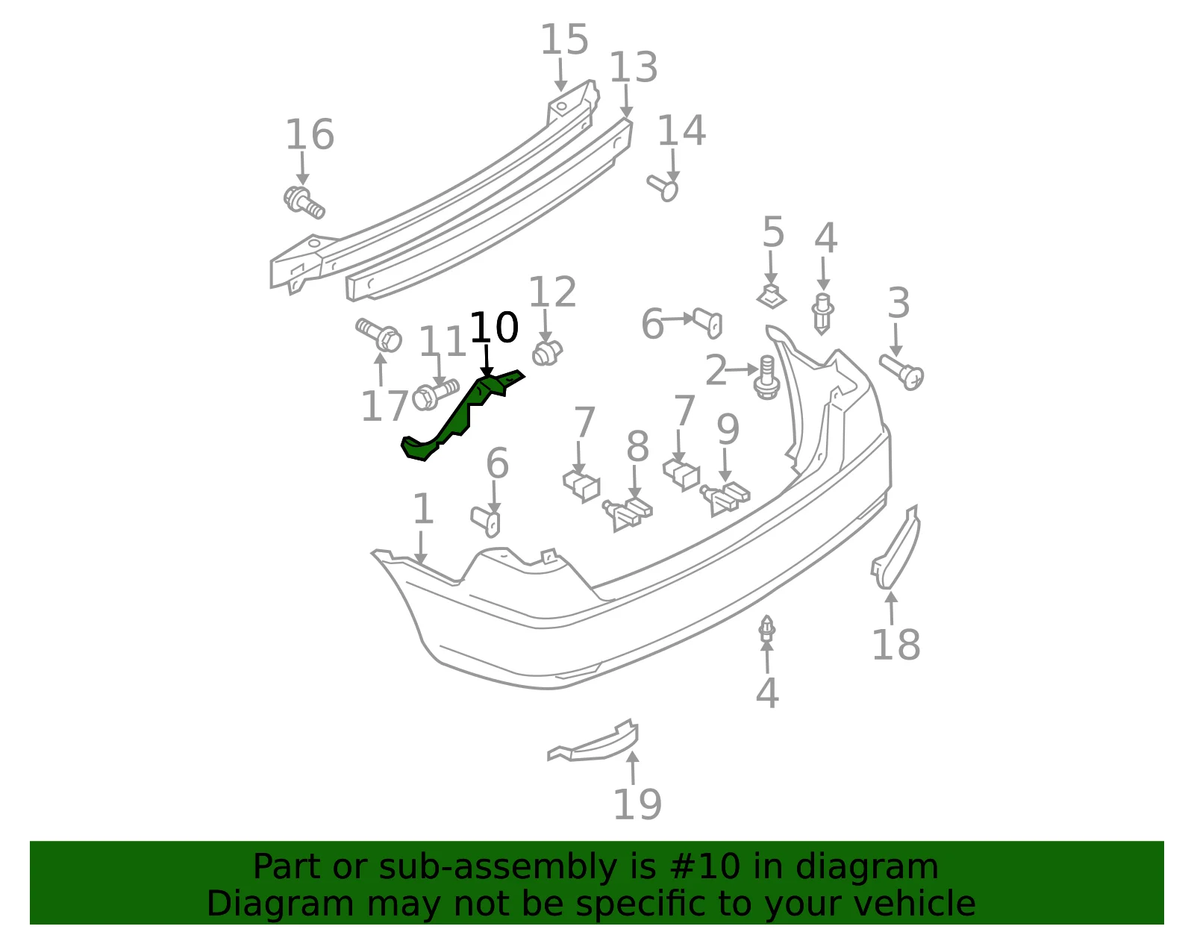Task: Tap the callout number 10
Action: (494, 328)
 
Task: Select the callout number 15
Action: (564, 40)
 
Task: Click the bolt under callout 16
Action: (304, 203)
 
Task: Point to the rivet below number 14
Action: (663, 188)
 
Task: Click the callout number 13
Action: (634, 67)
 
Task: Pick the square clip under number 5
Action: (772, 296)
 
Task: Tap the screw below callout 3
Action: (901, 372)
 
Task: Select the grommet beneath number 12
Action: (547, 353)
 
